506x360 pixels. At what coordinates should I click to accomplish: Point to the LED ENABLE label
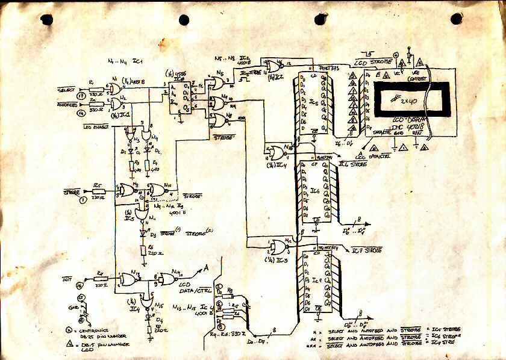(x=96, y=126)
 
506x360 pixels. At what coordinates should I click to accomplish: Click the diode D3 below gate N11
(x=144, y=232)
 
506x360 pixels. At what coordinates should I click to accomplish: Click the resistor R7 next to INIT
(x=101, y=281)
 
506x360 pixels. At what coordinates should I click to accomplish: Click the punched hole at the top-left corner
(x=45, y=20)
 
